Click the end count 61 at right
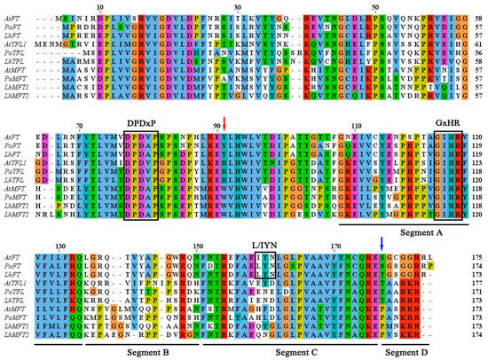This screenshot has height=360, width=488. click(x=476, y=42)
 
